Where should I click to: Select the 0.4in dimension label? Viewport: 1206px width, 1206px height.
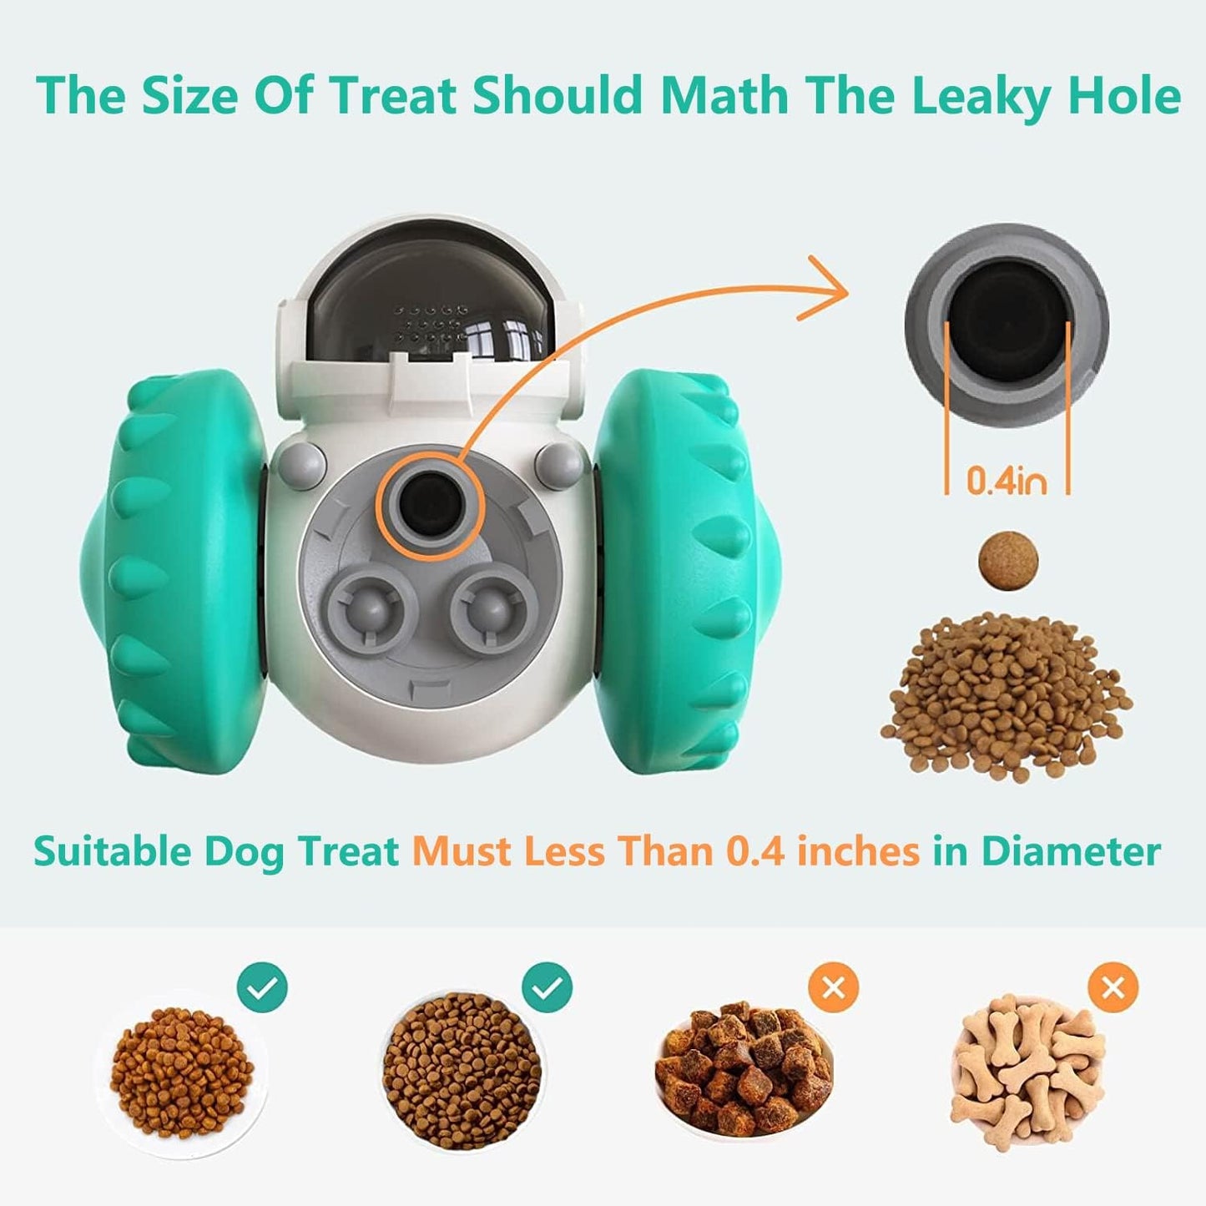pyautogui.click(x=1007, y=481)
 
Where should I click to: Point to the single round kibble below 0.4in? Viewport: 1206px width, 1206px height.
pyautogui.click(x=1009, y=560)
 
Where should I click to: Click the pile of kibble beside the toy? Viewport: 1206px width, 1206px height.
pyautogui.click(x=1006, y=697)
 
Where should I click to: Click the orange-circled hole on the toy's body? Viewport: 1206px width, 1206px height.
pyautogui.click(x=430, y=506)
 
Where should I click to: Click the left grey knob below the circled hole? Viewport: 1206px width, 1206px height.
pyautogui.click(x=371, y=608)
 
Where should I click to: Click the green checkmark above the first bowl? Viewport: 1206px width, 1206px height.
pyautogui.click(x=262, y=988)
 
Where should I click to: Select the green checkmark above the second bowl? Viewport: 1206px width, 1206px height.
pyautogui.click(x=547, y=988)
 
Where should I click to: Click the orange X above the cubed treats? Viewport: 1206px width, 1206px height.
pyautogui.click(x=833, y=988)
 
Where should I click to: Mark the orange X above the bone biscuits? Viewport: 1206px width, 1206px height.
pyautogui.click(x=1113, y=988)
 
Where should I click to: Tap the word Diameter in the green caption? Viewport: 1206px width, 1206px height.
pyautogui.click(x=1071, y=852)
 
